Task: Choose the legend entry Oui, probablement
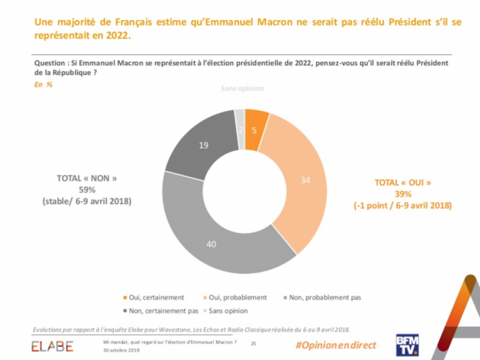(x=236, y=297)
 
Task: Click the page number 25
(x=253, y=342)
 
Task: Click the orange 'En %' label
(x=43, y=84)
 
